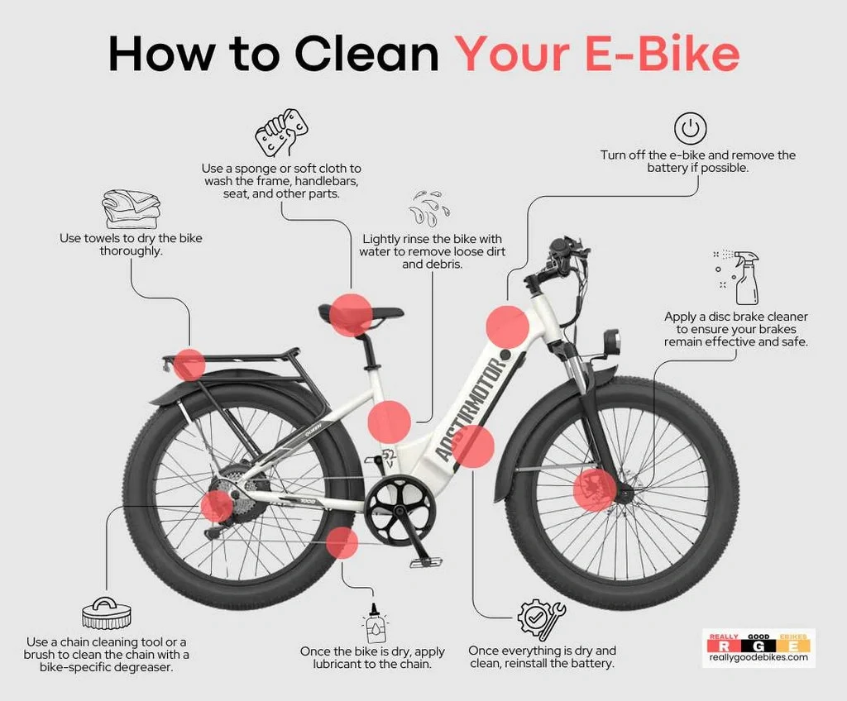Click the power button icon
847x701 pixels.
click(690, 128)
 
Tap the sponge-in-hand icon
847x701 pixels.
click(281, 132)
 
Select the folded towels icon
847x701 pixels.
click(132, 209)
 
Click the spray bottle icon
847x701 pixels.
click(737, 277)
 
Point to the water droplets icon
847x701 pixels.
click(429, 208)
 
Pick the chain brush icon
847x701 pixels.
click(107, 614)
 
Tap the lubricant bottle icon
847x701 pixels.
click(376, 623)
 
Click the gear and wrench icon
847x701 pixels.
click(541, 618)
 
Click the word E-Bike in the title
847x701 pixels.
click(662, 54)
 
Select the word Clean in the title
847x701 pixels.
click(366, 54)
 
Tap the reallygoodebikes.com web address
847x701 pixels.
click(758, 656)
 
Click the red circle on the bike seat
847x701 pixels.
click(351, 316)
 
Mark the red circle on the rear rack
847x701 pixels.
click(189, 365)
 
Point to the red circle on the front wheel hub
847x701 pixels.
click(594, 490)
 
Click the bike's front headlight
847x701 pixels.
click(612, 341)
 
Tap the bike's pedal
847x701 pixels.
click(427, 562)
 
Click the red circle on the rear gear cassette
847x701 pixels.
click(217, 507)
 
